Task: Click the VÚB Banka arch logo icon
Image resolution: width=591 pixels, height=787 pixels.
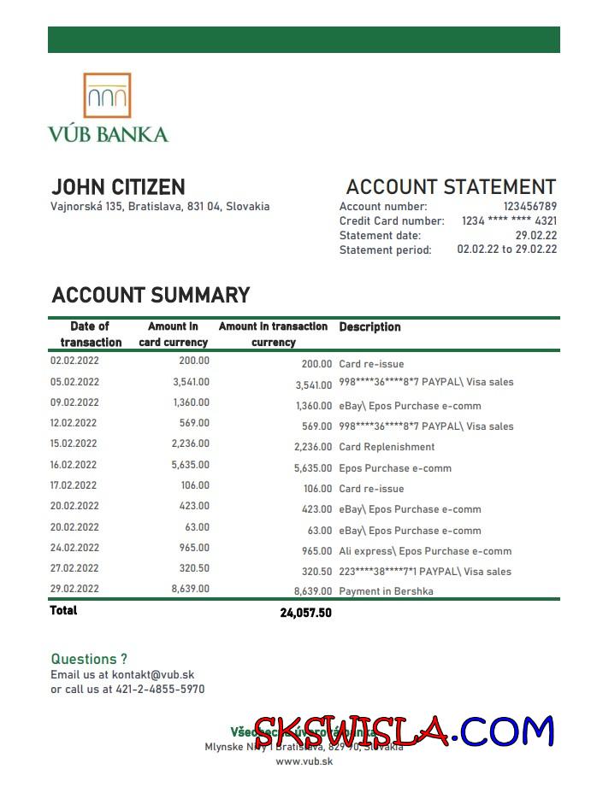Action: tap(107, 95)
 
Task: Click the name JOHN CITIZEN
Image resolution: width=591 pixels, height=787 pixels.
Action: tap(118, 187)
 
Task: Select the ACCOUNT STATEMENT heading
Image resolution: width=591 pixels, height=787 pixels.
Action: tap(451, 187)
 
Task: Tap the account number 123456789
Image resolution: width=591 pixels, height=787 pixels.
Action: tap(529, 206)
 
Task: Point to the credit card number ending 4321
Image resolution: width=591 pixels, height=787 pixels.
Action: tap(509, 220)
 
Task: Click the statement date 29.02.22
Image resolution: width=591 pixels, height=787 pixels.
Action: tap(535, 235)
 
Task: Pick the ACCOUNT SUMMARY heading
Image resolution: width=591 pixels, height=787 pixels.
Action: tap(151, 296)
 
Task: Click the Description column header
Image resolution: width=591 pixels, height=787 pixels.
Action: tap(369, 327)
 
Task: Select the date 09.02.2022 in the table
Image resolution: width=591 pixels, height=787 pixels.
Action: tap(74, 402)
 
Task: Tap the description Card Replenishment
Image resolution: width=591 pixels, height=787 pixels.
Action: tap(387, 447)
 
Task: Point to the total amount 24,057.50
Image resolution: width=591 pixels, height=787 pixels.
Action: tap(305, 613)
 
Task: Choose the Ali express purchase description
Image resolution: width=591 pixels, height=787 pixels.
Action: tap(425, 551)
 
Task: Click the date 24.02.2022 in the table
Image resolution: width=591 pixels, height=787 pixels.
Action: tap(74, 548)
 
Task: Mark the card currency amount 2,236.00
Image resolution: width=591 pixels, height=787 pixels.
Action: tap(190, 443)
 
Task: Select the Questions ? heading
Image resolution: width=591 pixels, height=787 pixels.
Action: tap(89, 659)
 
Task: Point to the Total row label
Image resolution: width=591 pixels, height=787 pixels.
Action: tap(63, 610)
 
